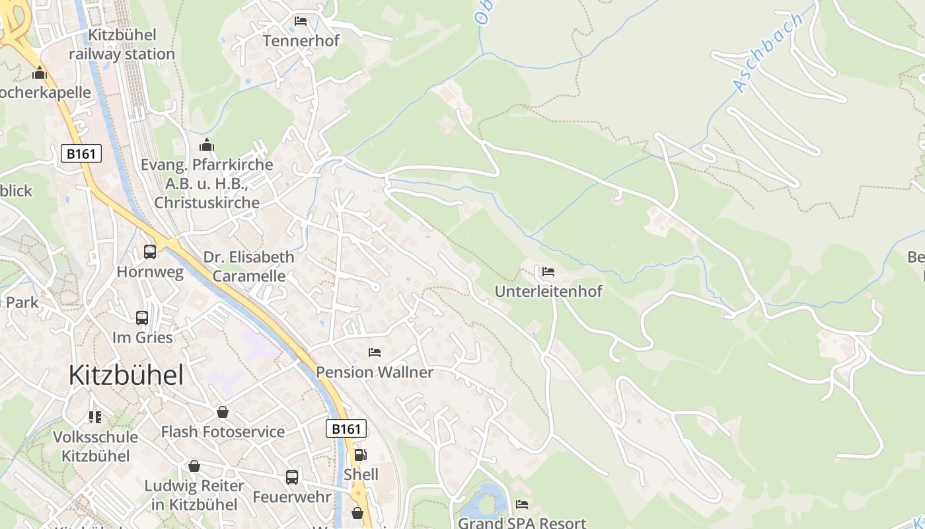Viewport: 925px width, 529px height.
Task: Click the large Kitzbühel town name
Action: (126, 376)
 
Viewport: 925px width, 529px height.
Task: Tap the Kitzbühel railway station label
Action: (122, 44)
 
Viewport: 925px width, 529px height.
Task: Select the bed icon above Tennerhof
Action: (301, 21)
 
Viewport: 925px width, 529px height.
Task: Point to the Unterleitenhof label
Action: (548, 291)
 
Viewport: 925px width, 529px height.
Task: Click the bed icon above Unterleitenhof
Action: (548, 271)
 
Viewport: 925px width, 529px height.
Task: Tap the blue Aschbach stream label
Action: (768, 52)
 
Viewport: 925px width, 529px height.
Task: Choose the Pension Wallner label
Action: (375, 372)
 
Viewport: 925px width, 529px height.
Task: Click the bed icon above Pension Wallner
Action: (375, 352)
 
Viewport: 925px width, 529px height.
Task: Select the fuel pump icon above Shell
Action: (360, 455)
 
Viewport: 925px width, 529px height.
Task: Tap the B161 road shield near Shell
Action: (346, 429)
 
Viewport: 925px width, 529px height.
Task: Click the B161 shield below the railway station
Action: (82, 154)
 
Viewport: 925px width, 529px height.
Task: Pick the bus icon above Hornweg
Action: (150, 252)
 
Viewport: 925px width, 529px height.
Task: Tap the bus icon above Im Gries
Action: (142, 318)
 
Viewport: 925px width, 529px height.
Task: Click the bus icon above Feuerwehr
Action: (292, 477)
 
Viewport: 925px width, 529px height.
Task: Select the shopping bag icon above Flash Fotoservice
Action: (223, 412)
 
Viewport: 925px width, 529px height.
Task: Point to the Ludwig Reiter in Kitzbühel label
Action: (194, 495)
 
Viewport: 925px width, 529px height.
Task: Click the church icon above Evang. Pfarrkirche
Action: (207, 145)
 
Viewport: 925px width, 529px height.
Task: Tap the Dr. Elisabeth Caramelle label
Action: (248, 266)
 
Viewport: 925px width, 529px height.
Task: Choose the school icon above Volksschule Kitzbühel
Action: (95, 417)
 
